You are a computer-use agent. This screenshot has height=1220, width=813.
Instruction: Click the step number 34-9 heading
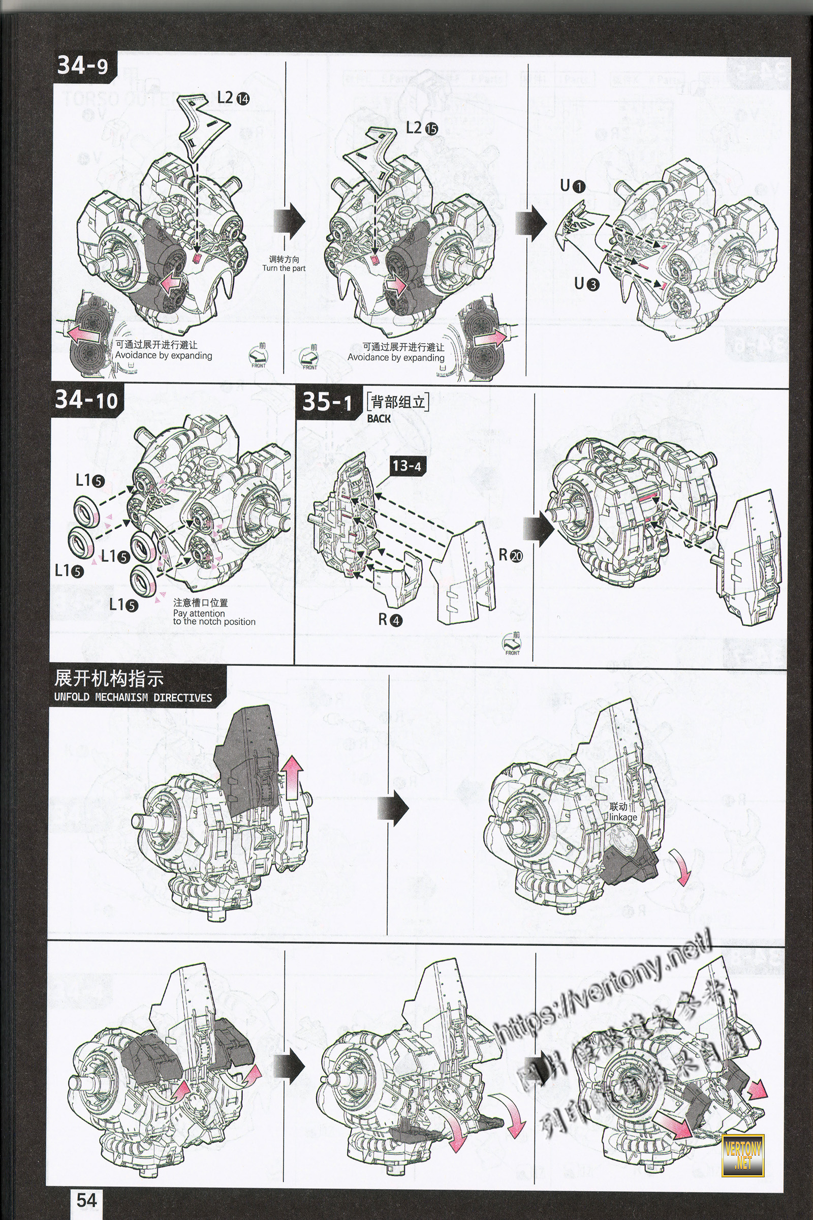click(83, 67)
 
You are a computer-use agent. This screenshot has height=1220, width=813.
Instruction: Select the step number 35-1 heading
click(327, 402)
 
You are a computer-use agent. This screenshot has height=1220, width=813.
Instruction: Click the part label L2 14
click(233, 98)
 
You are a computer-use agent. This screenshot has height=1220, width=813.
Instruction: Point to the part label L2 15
click(422, 128)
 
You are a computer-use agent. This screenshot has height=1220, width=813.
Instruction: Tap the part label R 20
click(511, 555)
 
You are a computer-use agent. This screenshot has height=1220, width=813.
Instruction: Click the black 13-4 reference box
click(407, 466)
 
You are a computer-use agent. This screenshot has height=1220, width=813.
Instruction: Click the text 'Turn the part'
click(284, 268)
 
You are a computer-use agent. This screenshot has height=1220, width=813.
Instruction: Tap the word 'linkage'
click(623, 817)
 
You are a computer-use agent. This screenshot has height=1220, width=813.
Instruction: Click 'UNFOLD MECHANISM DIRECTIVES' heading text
click(133, 697)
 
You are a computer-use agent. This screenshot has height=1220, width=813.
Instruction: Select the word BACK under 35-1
click(379, 418)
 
